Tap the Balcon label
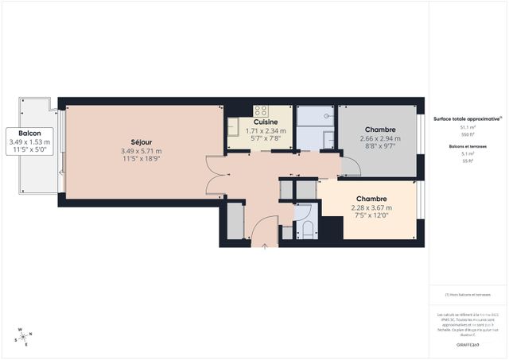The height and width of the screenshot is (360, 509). [x=30, y=133]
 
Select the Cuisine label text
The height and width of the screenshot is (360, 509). [x=266, y=122]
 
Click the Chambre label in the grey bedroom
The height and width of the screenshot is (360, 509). [x=380, y=130]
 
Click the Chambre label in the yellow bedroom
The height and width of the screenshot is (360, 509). [x=371, y=199]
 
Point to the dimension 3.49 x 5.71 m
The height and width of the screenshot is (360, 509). [x=141, y=151]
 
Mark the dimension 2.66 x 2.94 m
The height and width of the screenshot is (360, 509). [x=380, y=138]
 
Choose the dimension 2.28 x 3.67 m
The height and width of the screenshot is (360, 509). [x=371, y=208]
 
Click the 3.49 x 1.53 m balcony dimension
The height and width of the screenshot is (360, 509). [x=30, y=141]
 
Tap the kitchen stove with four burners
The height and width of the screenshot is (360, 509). [x=261, y=110]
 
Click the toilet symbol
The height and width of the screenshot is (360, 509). [x=307, y=230]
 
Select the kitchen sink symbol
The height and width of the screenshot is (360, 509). [x=235, y=126]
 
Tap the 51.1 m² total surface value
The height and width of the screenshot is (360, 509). [x=467, y=127]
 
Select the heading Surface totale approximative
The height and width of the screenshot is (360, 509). [x=467, y=118]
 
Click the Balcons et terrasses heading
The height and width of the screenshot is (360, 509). [x=467, y=145]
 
